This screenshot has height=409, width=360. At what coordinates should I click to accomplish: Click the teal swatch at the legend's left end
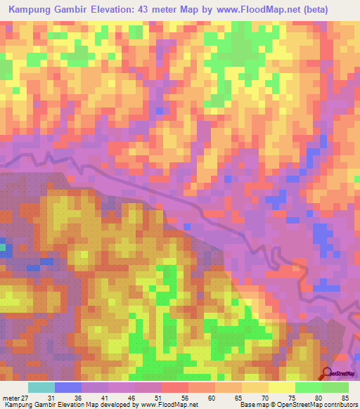(41, 388)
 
